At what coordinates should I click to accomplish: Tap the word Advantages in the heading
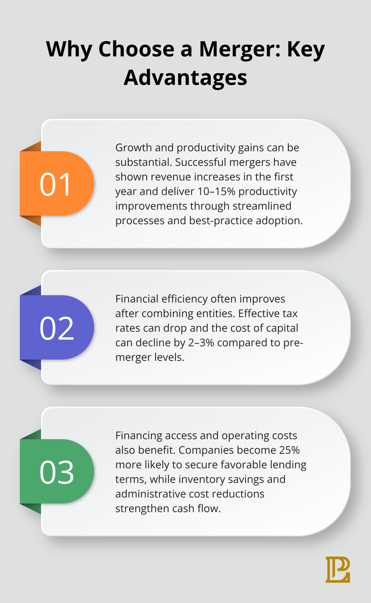point(185,78)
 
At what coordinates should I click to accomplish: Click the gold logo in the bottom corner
point(338,569)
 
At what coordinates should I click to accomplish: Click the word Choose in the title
point(136,49)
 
